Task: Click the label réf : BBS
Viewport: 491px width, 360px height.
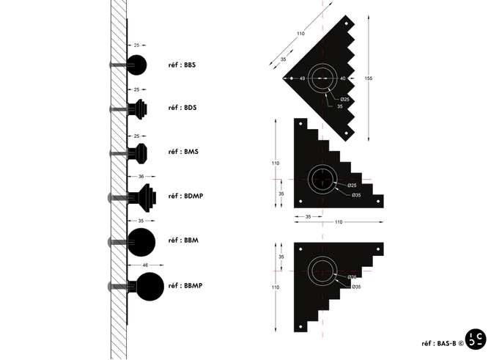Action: pos(182,65)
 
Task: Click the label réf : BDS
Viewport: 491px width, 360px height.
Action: pos(182,109)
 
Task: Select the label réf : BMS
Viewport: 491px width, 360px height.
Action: pos(183,153)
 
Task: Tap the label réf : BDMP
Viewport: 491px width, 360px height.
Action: pos(185,196)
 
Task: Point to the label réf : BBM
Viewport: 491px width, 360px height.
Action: pos(184,240)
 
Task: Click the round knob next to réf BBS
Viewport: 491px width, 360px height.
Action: pos(136,65)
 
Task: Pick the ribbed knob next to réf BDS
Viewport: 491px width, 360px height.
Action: pos(139,109)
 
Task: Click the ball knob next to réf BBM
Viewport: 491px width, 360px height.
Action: pos(142,240)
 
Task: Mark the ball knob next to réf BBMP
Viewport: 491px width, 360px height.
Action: pos(150,286)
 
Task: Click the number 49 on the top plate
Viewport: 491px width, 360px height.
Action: pos(301,78)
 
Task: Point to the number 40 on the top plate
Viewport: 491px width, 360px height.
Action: pos(342,78)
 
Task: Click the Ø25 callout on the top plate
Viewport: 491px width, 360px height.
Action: pos(344,98)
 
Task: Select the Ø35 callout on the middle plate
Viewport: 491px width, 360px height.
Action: pos(356,195)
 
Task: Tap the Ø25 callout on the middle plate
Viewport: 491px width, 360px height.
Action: pos(352,185)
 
